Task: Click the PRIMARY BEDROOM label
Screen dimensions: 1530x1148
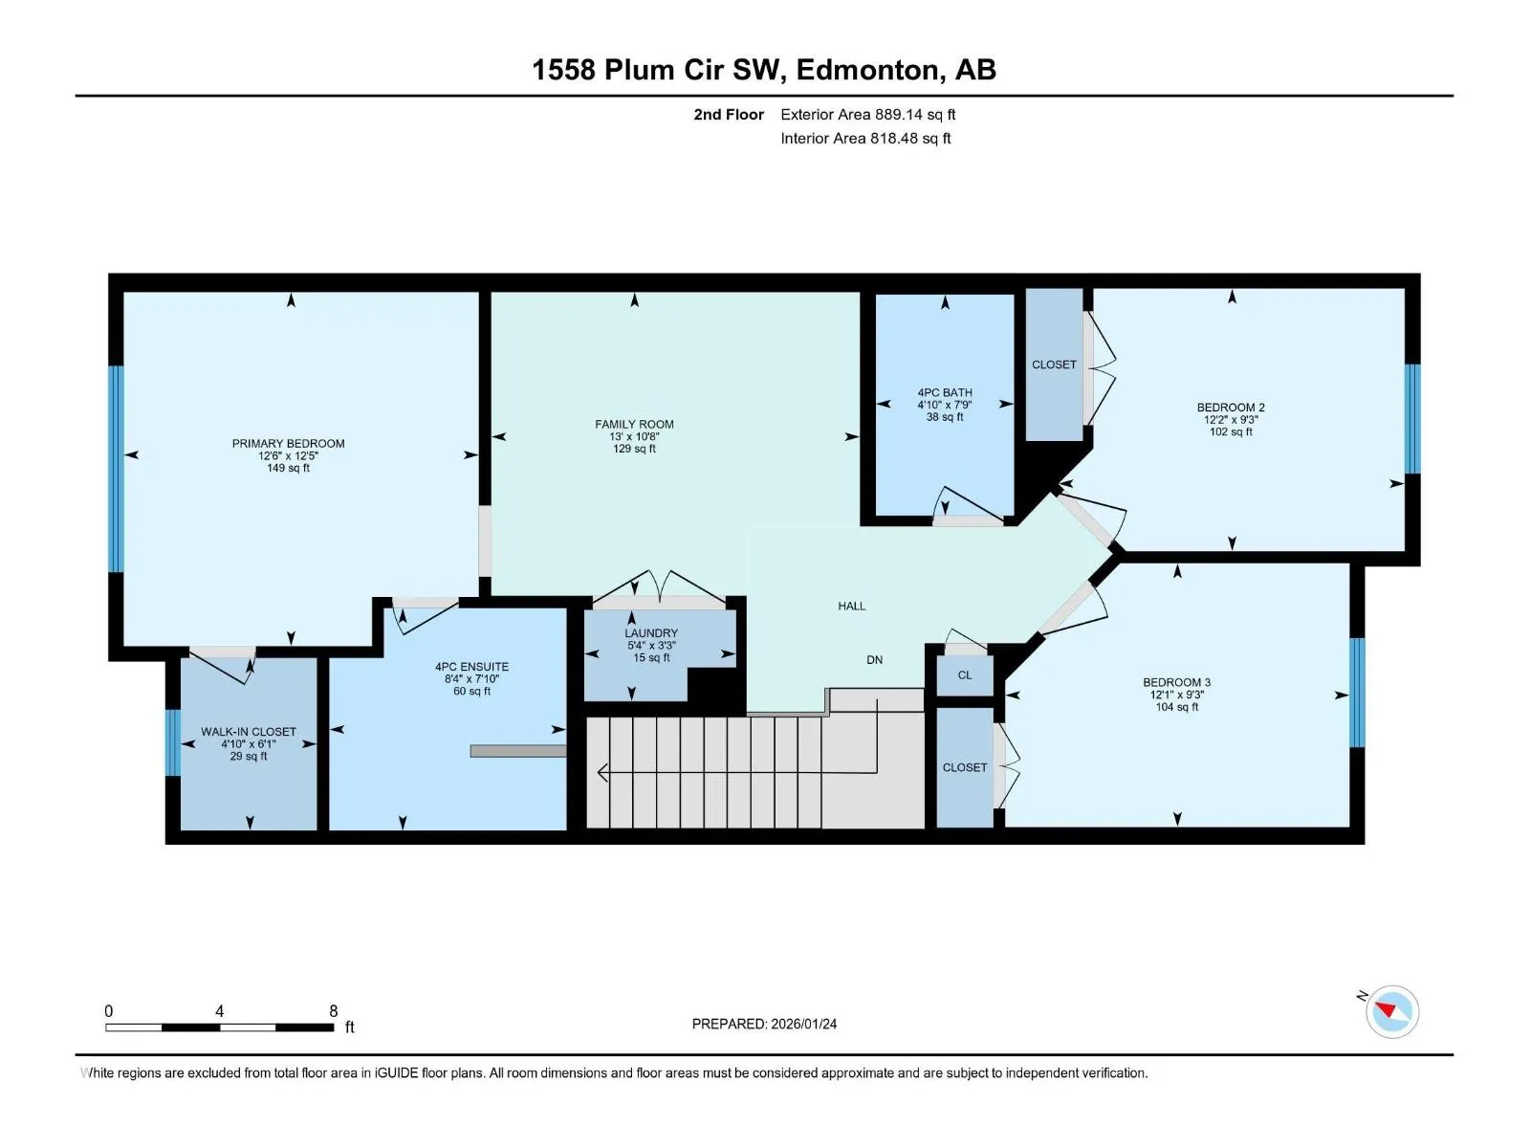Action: tap(288, 443)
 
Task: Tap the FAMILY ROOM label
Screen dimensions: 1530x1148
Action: tap(634, 424)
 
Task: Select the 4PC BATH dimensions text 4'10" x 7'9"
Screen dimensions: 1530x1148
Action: tap(944, 405)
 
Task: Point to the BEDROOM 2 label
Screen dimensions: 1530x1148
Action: tap(1231, 408)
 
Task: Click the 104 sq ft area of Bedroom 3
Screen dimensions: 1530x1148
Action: tap(1176, 707)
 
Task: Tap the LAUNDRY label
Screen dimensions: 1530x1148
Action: tap(650, 633)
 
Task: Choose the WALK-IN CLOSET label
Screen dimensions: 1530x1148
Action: tap(248, 731)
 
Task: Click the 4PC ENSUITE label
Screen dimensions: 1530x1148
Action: tap(471, 667)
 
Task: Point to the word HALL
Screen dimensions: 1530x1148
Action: tap(851, 606)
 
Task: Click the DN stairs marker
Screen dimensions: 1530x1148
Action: tap(874, 659)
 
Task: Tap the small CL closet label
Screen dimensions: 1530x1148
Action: tap(964, 674)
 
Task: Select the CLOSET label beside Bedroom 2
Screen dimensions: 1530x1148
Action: tap(1053, 364)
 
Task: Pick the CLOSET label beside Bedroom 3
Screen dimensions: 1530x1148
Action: tap(964, 767)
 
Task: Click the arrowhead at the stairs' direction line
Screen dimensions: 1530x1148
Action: tap(602, 772)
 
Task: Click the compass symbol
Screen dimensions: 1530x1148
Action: tap(1391, 1011)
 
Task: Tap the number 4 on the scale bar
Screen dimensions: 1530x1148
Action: tap(219, 1011)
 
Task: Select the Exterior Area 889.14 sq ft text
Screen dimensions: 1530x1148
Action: tap(868, 114)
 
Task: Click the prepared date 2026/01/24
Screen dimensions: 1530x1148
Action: tap(802, 1024)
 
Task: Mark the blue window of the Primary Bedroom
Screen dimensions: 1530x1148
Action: tap(116, 469)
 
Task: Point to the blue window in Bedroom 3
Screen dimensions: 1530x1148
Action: tap(1356, 692)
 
